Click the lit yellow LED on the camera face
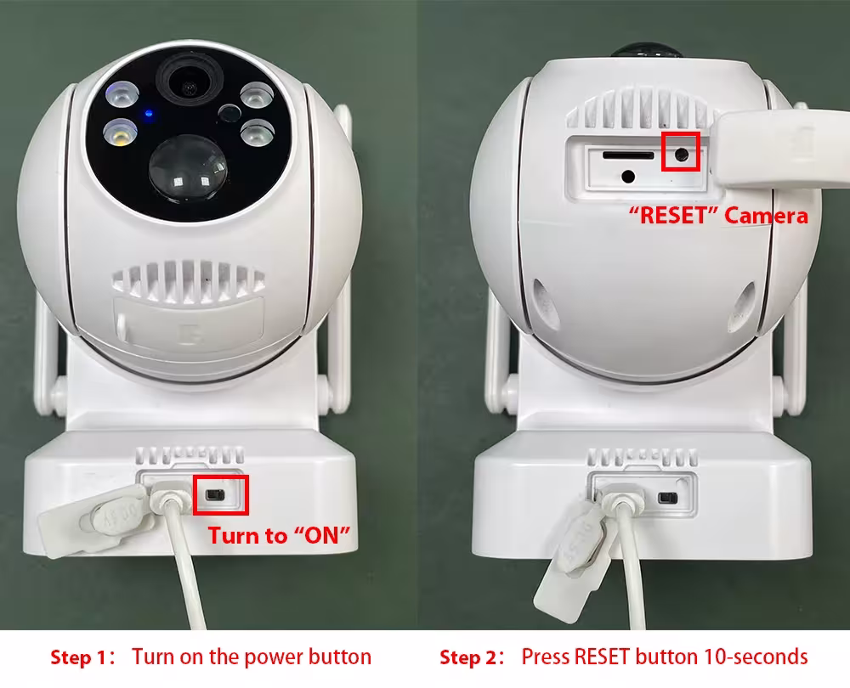121,133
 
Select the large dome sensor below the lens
188,167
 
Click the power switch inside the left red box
216,494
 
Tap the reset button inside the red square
682,155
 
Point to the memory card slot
629,155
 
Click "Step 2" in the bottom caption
468,657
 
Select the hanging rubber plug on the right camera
574,563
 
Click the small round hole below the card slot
628,176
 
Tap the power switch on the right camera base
667,498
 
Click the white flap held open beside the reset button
780,149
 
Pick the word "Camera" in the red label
766,216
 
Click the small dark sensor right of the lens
229,113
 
